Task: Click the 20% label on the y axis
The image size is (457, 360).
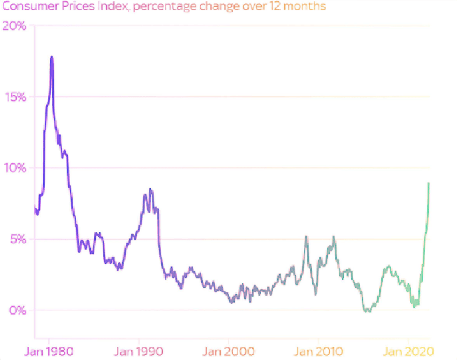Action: coord(15,26)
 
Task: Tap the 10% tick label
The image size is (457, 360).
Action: coord(15,168)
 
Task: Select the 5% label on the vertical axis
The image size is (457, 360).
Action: coord(18,239)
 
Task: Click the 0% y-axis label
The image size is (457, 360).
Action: coord(18,310)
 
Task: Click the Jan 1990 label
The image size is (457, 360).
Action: coord(139,351)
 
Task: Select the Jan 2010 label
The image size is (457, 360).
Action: coord(318,351)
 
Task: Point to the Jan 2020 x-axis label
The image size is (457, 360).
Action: coord(408,351)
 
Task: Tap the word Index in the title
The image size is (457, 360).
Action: coord(111,7)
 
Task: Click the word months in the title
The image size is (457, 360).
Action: coord(309,7)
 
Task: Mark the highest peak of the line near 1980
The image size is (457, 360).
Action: coord(52,57)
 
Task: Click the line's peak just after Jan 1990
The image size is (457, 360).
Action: coord(150,189)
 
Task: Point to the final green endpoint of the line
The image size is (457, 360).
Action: coord(429,183)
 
